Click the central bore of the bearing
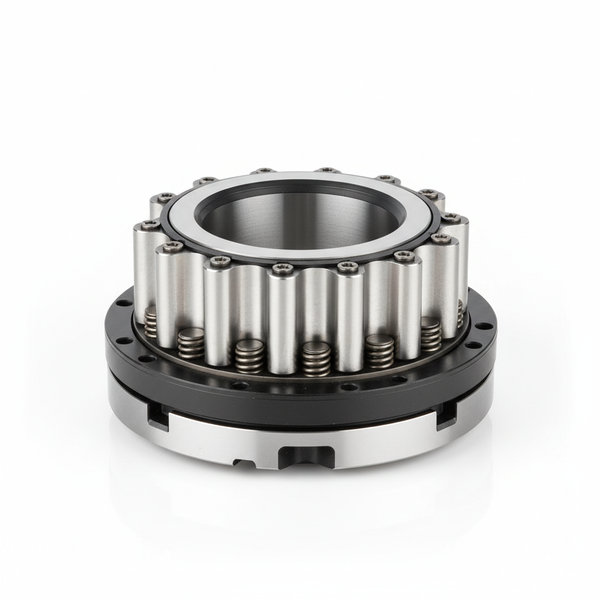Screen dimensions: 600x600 [x=299, y=220]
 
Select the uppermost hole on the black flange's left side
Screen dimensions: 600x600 [x=122, y=304]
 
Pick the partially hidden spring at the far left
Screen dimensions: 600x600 [x=151, y=322]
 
